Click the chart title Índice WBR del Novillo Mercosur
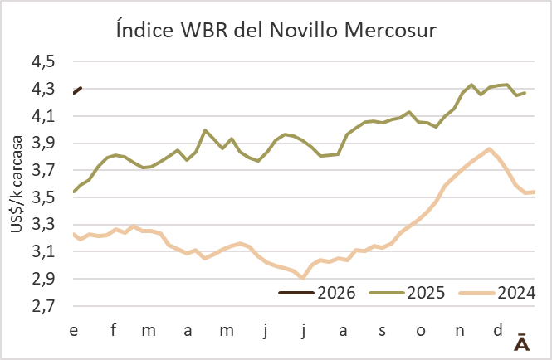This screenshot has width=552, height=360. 276,30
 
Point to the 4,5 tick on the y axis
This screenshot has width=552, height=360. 44,62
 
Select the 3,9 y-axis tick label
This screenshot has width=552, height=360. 44,144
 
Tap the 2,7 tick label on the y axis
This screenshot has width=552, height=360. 44,306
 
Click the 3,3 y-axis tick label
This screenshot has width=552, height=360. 44,225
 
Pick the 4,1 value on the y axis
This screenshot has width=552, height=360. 44,116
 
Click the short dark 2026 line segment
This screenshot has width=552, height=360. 76,90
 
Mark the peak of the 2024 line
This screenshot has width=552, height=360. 490,149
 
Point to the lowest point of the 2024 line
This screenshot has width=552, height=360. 303,278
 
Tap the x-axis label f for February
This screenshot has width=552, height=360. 112,332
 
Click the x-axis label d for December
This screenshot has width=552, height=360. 497,332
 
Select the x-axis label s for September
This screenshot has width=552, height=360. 382,332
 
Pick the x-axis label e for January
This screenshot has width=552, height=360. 74,332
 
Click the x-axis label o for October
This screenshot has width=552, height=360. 420,332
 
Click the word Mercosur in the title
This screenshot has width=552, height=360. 383,30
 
